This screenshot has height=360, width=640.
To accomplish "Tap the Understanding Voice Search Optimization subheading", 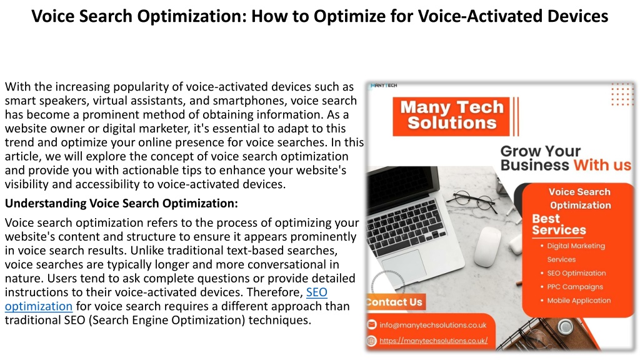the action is [121, 203].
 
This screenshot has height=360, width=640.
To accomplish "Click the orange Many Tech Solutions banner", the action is [451, 116].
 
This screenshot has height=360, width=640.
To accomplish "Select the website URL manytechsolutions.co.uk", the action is [434, 341].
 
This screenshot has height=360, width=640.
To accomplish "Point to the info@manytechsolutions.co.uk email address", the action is [432, 325].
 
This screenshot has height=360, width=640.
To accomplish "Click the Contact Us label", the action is [395, 302].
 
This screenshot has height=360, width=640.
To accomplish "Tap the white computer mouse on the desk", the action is [487, 246].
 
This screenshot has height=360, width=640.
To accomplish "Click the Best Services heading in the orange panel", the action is [559, 224].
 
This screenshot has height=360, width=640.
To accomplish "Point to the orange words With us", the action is [602, 165].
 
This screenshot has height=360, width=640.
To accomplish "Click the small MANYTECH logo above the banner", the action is [383, 85].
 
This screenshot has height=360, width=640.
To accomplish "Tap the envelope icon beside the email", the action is [371, 324].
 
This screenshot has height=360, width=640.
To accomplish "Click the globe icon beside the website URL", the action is [371, 341].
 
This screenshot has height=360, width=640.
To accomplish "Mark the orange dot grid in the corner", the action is [622, 94].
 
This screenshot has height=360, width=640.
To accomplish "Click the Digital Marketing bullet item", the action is [576, 252].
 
